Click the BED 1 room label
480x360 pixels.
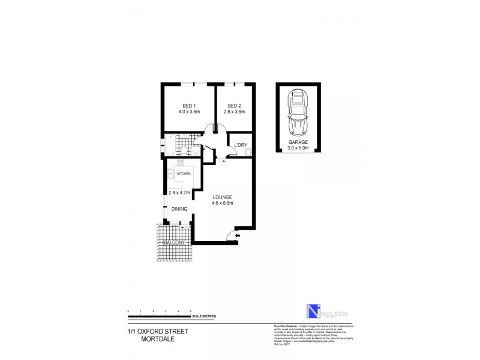[188, 106]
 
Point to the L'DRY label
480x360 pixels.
[241, 145]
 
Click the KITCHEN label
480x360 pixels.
[184, 173]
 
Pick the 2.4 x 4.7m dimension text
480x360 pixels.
[179, 193]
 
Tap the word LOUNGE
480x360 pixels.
[222, 197]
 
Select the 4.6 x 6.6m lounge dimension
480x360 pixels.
[222, 203]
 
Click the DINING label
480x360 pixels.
[179, 209]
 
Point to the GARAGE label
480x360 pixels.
[298, 142]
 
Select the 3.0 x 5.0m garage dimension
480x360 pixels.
[298, 148]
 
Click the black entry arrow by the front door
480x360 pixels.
[238, 236]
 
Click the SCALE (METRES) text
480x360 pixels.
[203, 315]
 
